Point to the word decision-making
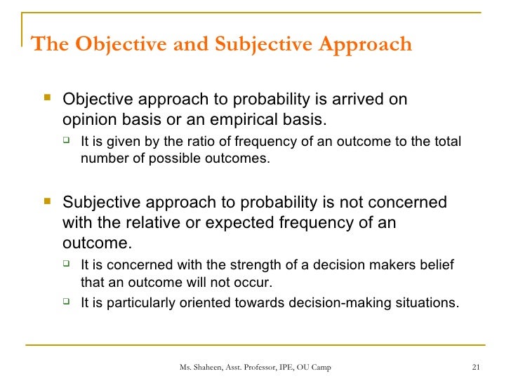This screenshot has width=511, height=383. tap(340, 303)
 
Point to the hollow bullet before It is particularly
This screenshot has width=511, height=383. tap(66, 302)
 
